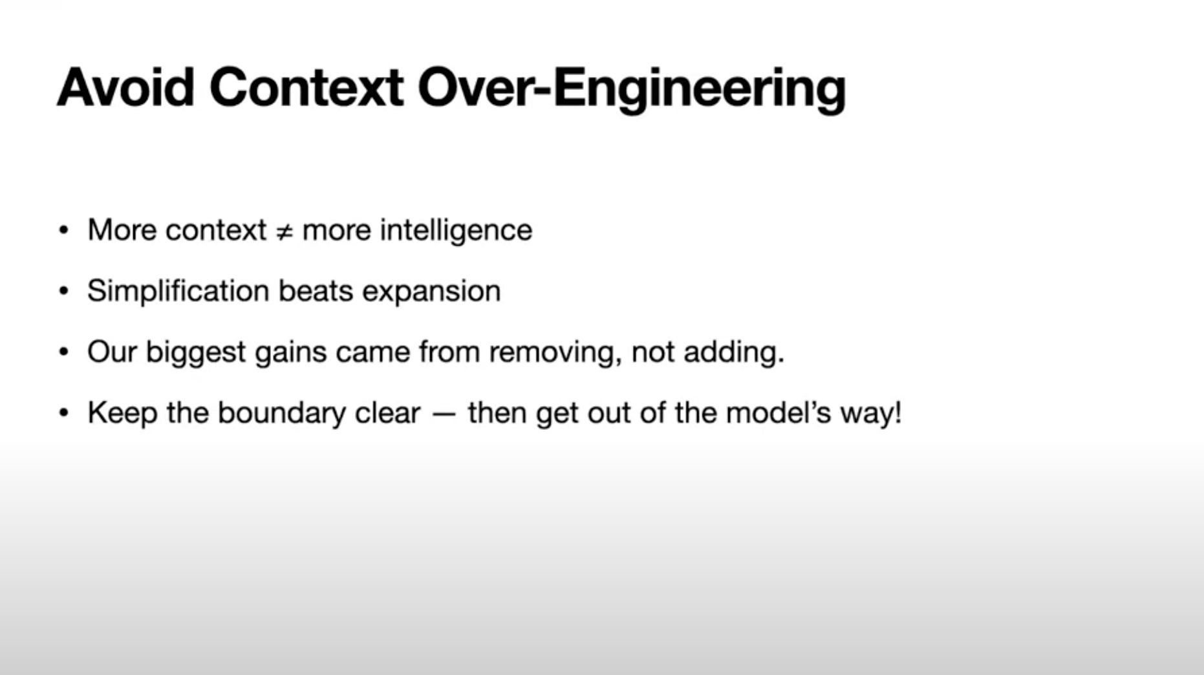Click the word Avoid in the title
[x=125, y=87]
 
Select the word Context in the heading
[x=306, y=87]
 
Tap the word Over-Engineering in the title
[x=632, y=91]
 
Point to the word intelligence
[x=456, y=230]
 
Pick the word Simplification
[x=178, y=291]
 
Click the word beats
[x=316, y=291]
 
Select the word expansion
[x=431, y=293]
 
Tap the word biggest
[x=196, y=353]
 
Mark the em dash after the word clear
[x=444, y=414]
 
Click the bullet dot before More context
[x=63, y=230]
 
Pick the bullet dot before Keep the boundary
[x=63, y=412]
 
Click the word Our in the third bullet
[x=112, y=352]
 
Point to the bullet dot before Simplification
[x=63, y=291]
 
